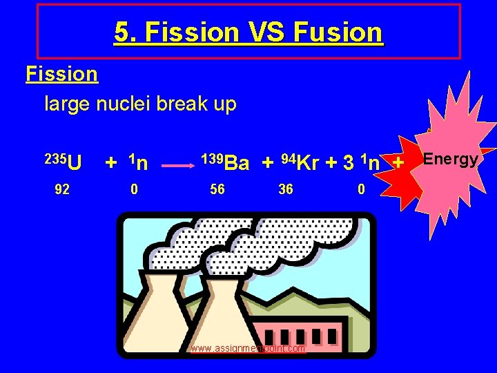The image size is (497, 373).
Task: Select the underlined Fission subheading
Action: pos(61,73)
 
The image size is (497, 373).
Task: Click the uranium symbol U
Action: pos(75,163)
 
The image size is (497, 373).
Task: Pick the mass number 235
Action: pos(55,158)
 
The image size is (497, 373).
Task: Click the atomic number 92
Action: pos(61,189)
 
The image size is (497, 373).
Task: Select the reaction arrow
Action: pos(177,166)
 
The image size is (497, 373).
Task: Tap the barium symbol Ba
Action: pos(237,163)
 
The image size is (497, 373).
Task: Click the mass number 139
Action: pos(212,158)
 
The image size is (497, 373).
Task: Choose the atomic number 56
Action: pos(217,189)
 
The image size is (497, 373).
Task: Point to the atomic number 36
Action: pos(285,189)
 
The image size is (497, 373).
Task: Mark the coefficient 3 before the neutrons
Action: pos(349,163)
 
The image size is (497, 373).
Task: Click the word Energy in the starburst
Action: pos(450,160)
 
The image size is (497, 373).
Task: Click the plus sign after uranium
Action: pos(110,163)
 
